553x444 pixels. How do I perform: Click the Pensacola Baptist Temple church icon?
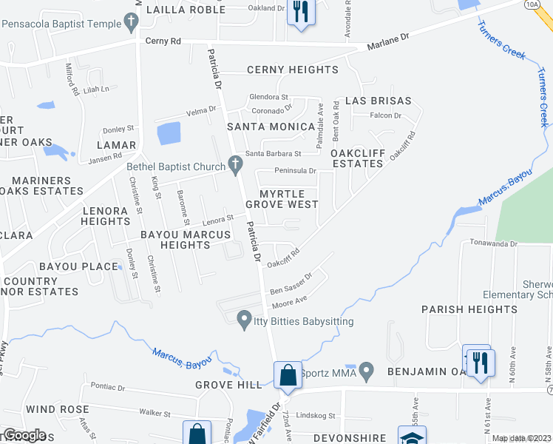point(132,24)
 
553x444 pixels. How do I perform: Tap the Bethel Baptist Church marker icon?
point(236,166)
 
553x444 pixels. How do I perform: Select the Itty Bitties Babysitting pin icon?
point(242,320)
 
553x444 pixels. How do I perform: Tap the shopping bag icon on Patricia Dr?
point(288,375)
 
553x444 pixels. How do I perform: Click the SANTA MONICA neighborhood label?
point(271,127)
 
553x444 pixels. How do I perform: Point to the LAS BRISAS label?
point(380,101)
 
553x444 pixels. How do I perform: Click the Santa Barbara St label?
point(274,154)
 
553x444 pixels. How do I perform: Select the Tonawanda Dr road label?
point(493,243)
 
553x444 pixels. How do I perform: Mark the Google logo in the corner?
point(24,435)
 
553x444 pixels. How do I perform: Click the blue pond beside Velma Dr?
point(169,133)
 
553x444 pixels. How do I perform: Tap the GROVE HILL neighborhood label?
point(228,385)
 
